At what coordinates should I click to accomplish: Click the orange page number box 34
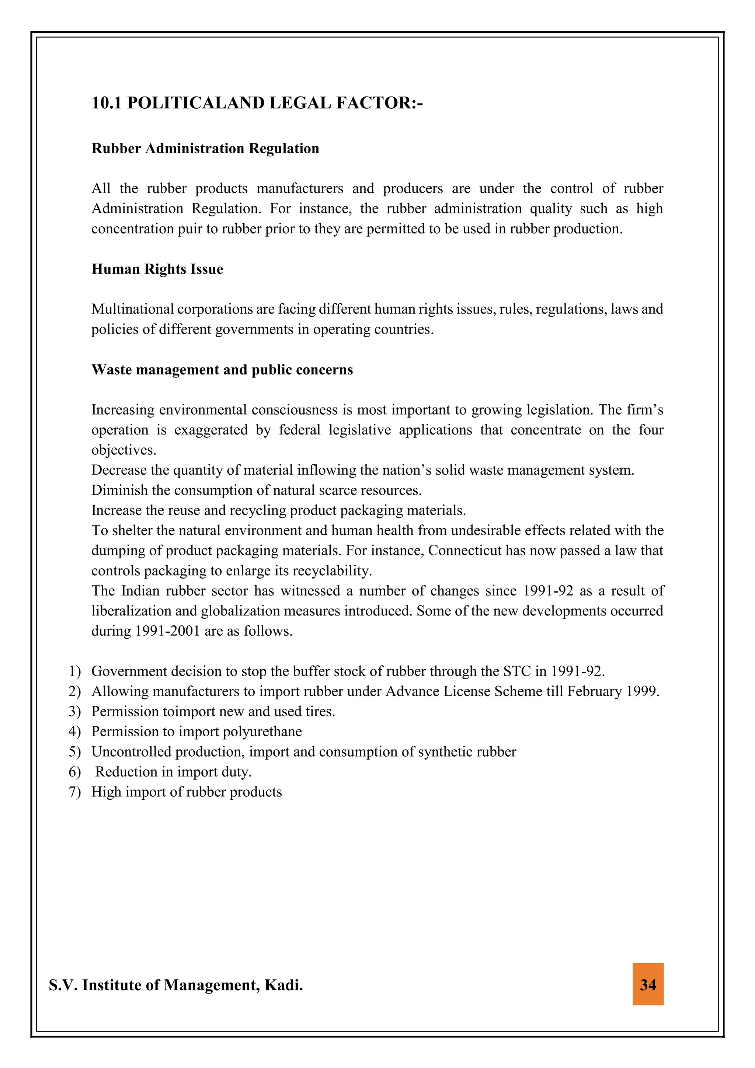click(x=648, y=984)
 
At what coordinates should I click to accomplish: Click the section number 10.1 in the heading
click(x=106, y=103)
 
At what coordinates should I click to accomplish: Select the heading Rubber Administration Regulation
click(x=205, y=149)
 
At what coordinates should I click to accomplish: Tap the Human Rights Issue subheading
click(x=157, y=269)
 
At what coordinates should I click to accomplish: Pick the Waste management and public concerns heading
click(x=222, y=369)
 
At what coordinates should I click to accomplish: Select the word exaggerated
click(x=211, y=430)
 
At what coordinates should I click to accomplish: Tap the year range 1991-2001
click(x=167, y=631)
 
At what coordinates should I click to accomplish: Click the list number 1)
click(x=74, y=671)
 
